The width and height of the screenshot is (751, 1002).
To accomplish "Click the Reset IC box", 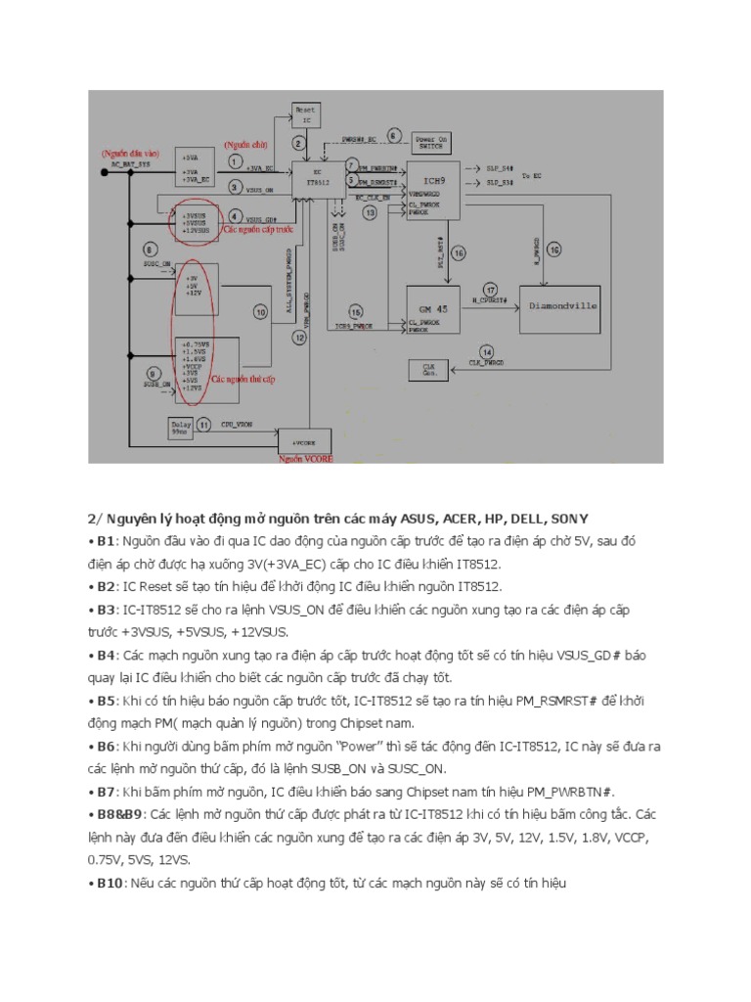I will pyautogui.click(x=306, y=116).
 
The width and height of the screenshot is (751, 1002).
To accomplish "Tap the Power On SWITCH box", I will pyautogui.click(x=431, y=143).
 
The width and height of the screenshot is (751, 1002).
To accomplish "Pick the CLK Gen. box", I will pyautogui.click(x=428, y=370).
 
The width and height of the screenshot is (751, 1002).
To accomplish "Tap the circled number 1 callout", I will pyautogui.click(x=235, y=159).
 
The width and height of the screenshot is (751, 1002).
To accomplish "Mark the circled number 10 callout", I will pyautogui.click(x=260, y=312).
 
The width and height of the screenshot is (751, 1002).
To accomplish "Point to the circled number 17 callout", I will pyautogui.click(x=490, y=289).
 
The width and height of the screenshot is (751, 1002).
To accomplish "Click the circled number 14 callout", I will pyautogui.click(x=487, y=352).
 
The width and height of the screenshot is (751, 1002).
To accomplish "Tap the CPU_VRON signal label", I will pyautogui.click(x=238, y=426).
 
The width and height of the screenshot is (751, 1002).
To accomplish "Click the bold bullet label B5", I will pyautogui.click(x=105, y=702).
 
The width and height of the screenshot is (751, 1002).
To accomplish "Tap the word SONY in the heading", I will pyautogui.click(x=570, y=518).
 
